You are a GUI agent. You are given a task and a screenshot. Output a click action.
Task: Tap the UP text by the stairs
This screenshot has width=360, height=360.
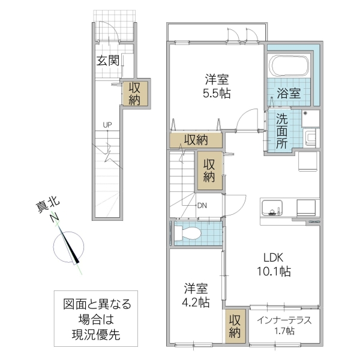pyautogui.click(x=107, y=125)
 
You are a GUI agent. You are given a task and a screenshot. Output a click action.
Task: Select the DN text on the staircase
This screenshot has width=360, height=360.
pyautogui.click(x=202, y=205)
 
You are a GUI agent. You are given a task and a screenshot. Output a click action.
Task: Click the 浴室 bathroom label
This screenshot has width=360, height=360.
pyautogui.click(x=289, y=93)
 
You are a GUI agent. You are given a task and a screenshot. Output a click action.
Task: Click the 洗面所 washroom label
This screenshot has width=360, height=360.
pyautogui.click(x=281, y=131)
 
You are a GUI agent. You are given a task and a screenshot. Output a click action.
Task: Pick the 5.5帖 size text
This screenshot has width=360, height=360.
pyautogui.click(x=217, y=94)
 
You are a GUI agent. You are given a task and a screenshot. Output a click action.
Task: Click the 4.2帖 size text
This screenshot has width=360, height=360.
pyautogui.click(x=196, y=302)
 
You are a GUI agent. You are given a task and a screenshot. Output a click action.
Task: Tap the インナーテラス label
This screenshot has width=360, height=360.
pyautogui.click(x=284, y=320)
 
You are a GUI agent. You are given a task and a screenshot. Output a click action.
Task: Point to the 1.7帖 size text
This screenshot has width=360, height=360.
pyautogui.click(x=283, y=331)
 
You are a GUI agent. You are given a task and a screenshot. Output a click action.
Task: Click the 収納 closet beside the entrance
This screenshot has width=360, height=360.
pyautogui.click(x=134, y=93)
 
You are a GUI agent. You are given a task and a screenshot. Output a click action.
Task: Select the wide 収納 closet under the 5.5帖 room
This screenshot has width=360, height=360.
pyautogui.click(x=196, y=140)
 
